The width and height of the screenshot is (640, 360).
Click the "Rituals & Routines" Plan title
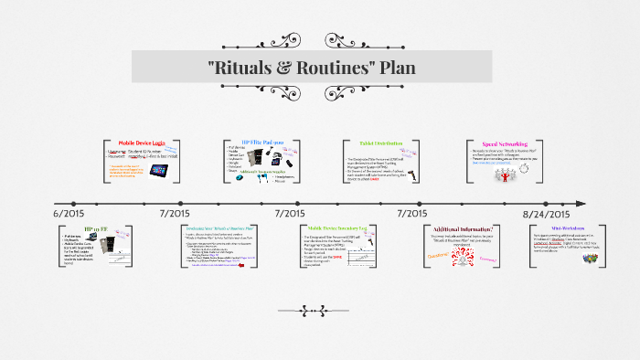click(320, 68)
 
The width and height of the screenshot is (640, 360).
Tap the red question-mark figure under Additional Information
click(464, 257)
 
